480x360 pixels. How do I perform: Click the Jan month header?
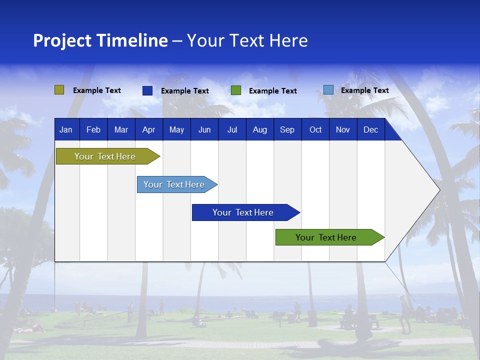(66, 129)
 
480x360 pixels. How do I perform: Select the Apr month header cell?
(148, 129)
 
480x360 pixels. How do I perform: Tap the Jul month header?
(232, 129)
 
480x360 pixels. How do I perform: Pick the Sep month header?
(287, 129)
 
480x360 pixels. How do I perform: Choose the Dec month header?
(370, 129)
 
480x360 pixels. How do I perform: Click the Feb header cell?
(93, 129)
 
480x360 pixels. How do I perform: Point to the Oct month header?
(315, 129)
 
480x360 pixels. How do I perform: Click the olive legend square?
(59, 90)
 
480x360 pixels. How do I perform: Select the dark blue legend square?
(147, 90)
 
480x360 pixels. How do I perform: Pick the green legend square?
(236, 90)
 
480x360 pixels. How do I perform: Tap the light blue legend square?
(328, 90)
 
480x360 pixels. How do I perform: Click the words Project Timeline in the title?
(100, 40)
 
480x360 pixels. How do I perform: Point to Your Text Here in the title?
(247, 40)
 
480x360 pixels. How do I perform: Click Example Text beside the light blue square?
(364, 90)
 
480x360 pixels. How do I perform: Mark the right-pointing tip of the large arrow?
(438, 190)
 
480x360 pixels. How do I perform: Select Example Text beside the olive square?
(96, 90)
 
